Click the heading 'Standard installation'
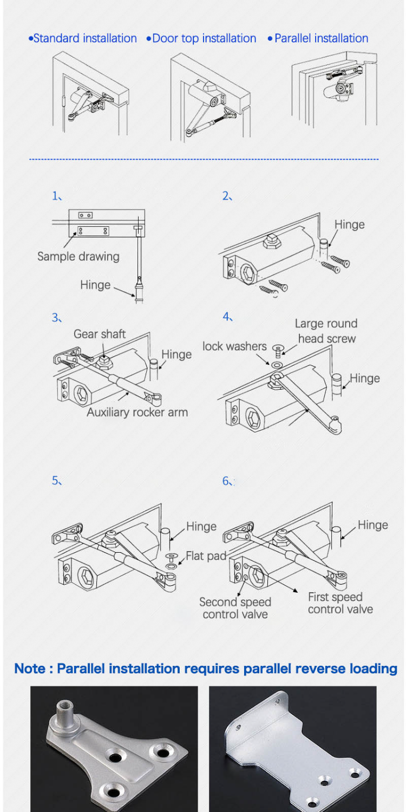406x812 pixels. coord(84,38)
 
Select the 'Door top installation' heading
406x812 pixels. coord(204,38)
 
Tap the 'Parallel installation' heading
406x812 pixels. coord(320,38)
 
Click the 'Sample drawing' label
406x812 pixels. coord(78,256)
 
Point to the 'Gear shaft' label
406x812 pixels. coord(100,334)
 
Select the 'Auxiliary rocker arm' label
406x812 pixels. coord(137,412)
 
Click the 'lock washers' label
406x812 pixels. coord(234,346)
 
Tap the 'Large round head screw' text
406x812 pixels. coord(326,331)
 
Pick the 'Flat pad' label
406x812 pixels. coord(206,556)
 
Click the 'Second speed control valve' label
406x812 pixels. coord(235,608)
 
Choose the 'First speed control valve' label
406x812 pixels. coord(340,603)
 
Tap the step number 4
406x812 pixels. coord(227,317)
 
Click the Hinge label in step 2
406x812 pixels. coord(349,225)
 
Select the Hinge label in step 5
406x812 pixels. coord(201,527)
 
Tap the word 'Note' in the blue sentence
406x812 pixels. coord(30,669)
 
